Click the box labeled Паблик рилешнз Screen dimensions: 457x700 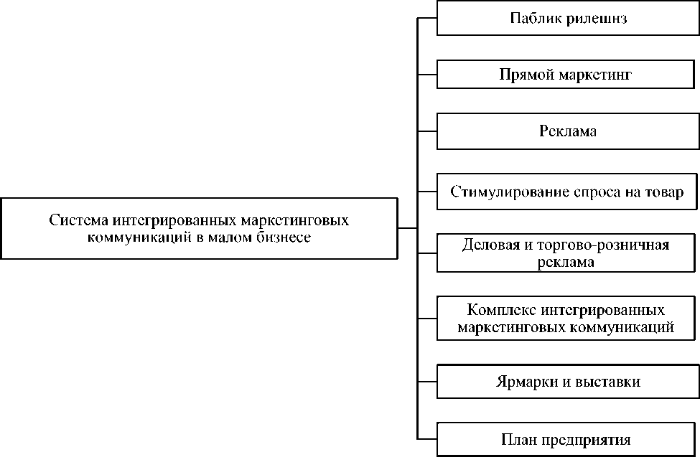point(567,19)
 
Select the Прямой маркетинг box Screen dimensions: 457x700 point(567,75)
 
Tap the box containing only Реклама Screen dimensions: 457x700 point(567,132)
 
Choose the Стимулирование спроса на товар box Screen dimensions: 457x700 point(567,192)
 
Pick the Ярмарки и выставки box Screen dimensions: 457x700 point(567,382)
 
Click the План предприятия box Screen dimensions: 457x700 point(567,438)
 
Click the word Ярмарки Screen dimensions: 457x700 point(523,382)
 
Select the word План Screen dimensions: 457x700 point(516,438)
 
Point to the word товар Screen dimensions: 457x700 point(664,192)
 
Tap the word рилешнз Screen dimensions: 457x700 point(596,19)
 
